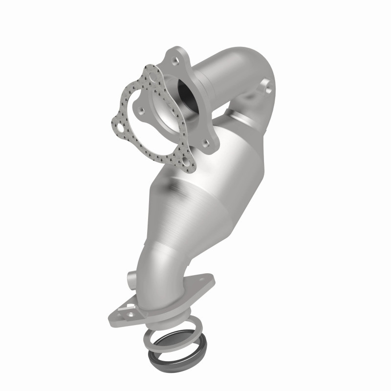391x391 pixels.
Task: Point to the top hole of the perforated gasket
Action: [x=154, y=78]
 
